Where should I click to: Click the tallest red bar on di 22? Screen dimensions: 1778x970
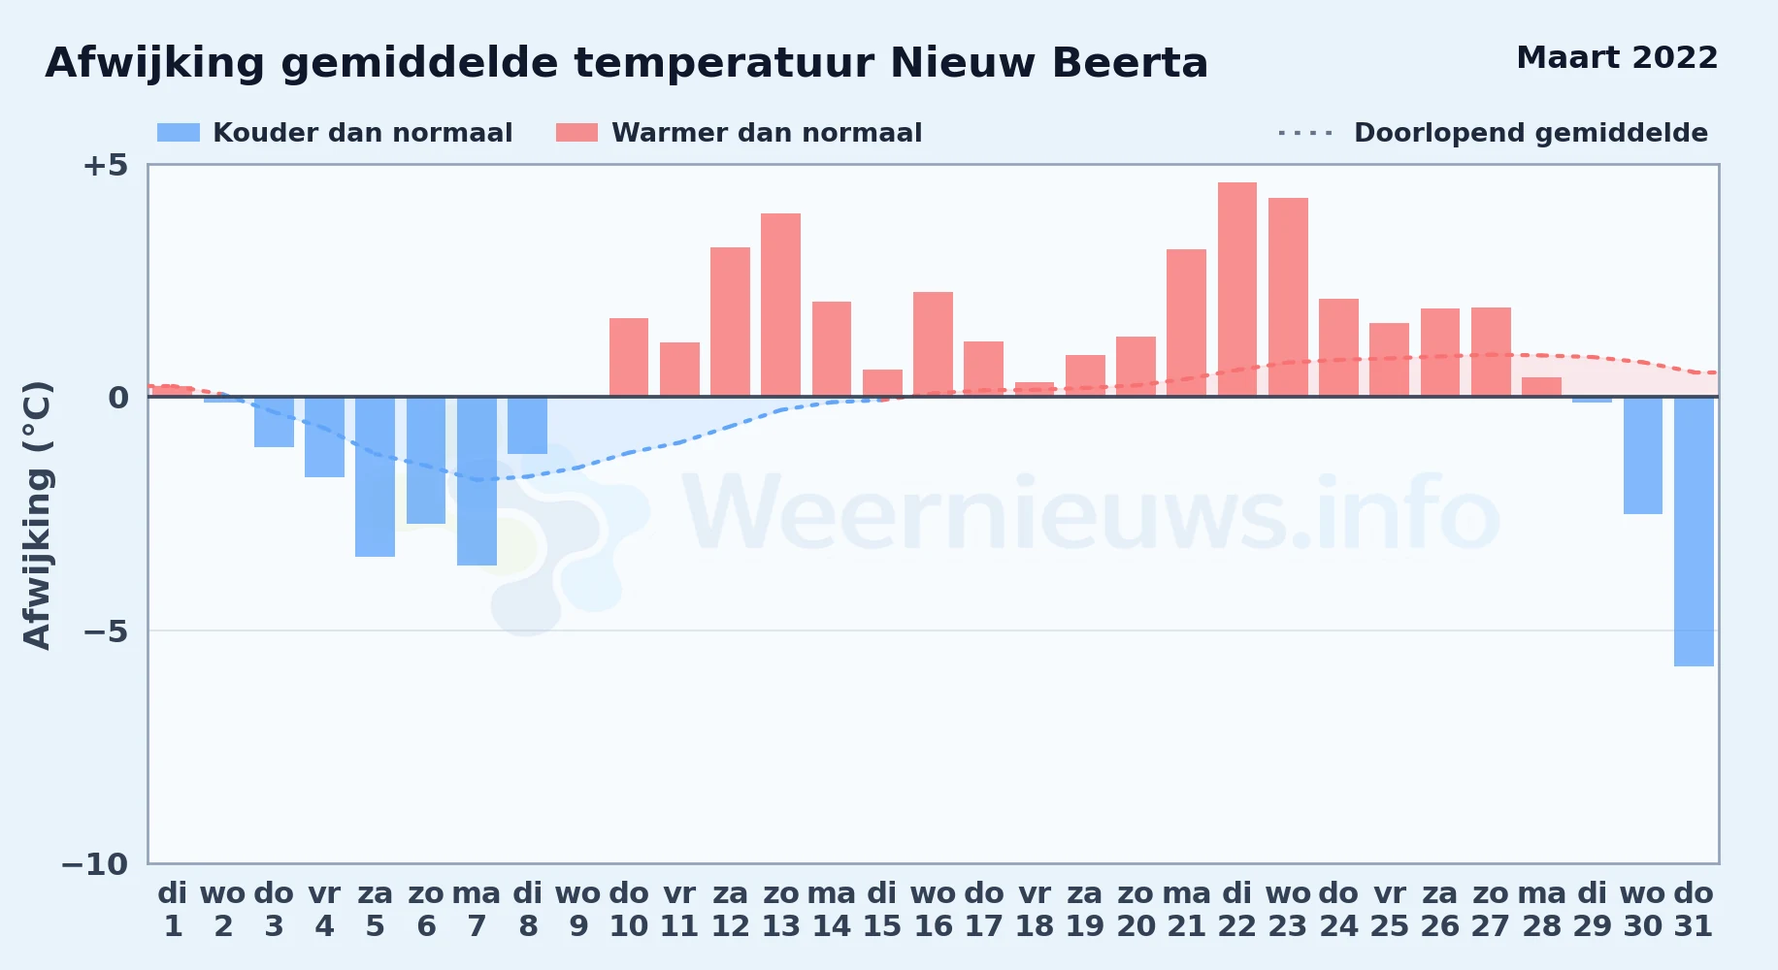pos(1237,289)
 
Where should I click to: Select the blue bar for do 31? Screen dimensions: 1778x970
pos(1694,532)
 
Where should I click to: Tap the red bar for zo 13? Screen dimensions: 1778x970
pos(781,305)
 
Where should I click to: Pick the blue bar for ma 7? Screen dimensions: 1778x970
pos(477,481)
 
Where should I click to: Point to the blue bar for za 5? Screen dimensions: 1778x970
pos(376,476)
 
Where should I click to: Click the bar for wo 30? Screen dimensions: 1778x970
pos(1643,455)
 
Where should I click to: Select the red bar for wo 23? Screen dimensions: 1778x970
pos(1288,297)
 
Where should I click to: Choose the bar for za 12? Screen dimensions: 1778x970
pos(730,322)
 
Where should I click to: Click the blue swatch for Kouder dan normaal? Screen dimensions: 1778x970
pos(179,133)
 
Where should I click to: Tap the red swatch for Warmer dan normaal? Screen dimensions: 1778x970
pos(576,133)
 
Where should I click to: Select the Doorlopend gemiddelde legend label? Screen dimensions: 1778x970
pos(1531,133)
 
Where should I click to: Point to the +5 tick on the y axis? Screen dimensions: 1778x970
pos(105,165)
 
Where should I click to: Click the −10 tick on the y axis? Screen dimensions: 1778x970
pos(94,864)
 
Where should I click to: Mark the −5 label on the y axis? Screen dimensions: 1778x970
pos(105,631)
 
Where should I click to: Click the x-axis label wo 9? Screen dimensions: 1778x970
pos(578,910)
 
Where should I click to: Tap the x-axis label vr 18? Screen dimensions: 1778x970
pos(1035,910)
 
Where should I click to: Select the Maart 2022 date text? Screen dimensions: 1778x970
pos(1617,58)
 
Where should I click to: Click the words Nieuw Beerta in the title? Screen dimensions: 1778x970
pos(1049,63)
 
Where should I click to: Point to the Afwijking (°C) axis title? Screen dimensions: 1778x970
pos(37,515)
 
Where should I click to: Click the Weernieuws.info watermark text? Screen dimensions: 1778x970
pos(1092,514)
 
